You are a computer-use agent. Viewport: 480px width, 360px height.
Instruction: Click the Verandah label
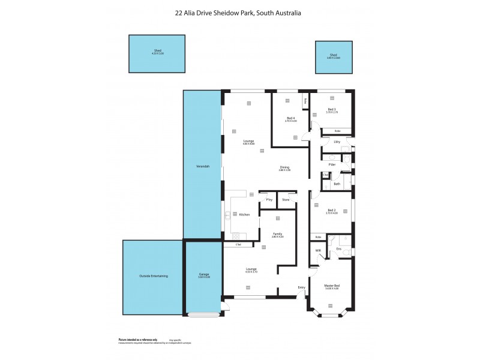tap(202, 166)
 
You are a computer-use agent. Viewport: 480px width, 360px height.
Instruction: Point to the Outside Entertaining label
tap(153, 276)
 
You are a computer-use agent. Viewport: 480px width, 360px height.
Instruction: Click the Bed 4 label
tap(291, 118)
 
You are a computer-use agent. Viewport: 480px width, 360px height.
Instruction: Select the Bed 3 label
tap(332, 110)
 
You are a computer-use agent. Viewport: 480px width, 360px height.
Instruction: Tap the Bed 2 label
tap(332, 210)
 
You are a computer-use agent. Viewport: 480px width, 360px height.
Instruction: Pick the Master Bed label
tap(332, 285)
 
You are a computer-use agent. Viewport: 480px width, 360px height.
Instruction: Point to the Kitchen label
tap(244, 215)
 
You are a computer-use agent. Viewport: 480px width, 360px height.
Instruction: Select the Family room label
tap(277, 234)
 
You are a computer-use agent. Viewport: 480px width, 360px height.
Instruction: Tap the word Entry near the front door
tap(301, 287)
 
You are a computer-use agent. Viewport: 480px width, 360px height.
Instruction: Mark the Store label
tap(286, 199)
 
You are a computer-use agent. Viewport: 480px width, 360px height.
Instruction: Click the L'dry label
tap(337, 142)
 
